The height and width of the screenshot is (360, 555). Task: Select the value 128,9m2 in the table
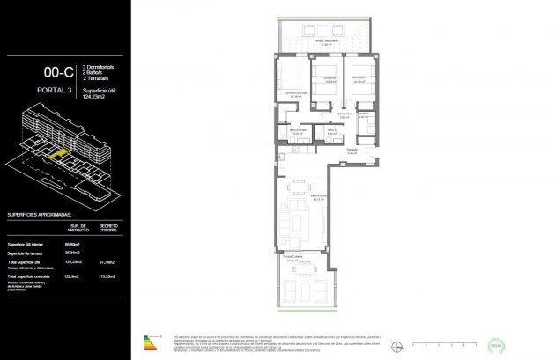tap(73, 274)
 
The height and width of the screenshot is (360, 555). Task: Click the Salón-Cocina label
tap(309, 197)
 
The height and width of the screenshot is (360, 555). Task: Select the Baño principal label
tap(298, 133)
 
